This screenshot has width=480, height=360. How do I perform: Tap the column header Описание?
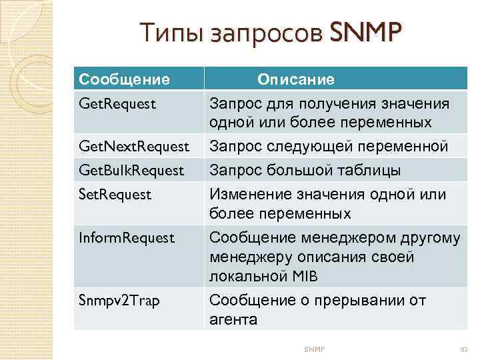pyautogui.click(x=296, y=80)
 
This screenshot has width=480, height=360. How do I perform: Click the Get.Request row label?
pyautogui.click(x=117, y=104)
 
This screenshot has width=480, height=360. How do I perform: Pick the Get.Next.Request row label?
pyautogui.click(x=133, y=146)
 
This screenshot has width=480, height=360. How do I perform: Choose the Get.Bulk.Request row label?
pyautogui.click(x=131, y=171)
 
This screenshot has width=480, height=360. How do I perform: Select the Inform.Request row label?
pyautogui.click(x=127, y=237)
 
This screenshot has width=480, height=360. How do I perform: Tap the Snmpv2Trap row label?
pyautogui.click(x=119, y=301)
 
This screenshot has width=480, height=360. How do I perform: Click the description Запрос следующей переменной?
pyautogui.click(x=329, y=146)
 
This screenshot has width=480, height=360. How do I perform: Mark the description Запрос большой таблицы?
pyautogui.click(x=305, y=171)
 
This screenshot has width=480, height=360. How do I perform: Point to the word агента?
pyautogui.click(x=233, y=319)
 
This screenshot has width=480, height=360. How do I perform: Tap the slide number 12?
pyautogui.click(x=465, y=349)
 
